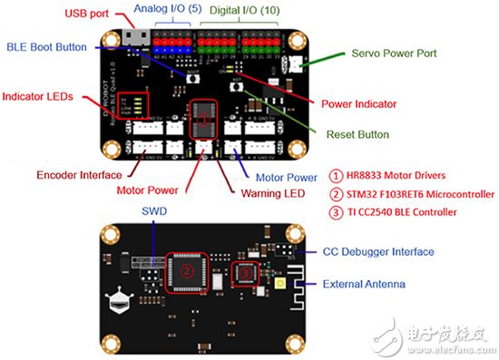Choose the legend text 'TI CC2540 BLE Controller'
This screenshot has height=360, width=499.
point(413,212)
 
